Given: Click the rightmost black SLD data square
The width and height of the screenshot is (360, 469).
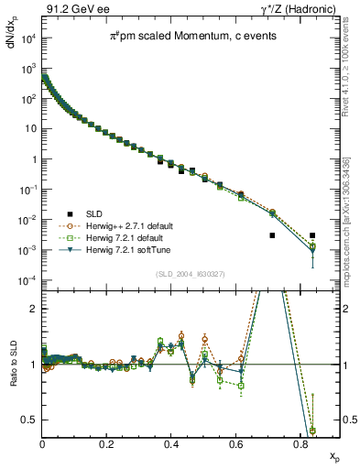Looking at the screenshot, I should pos(312,235).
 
